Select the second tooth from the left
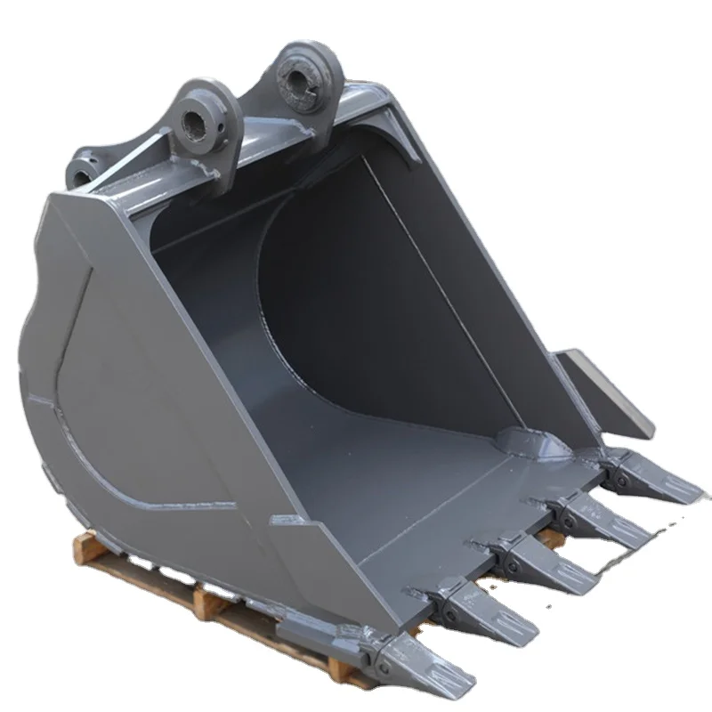(x=481, y=609)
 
